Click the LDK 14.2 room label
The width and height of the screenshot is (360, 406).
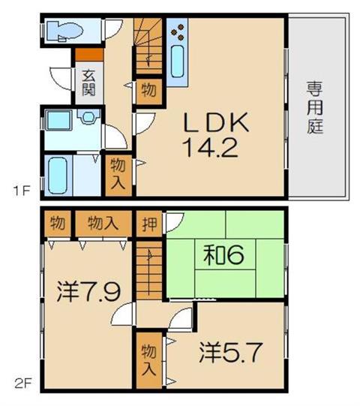(215, 134)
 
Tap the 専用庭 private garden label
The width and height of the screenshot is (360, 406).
(315, 107)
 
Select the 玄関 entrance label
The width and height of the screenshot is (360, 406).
(88, 83)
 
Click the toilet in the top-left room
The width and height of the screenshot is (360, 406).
(64, 31)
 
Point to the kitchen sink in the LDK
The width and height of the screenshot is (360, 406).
(178, 61)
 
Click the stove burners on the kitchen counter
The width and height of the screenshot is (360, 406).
(178, 32)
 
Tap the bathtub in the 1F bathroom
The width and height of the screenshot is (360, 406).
(58, 176)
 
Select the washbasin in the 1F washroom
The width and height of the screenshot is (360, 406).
(88, 116)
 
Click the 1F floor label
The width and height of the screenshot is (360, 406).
(22, 191)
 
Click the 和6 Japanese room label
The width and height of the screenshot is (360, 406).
(223, 255)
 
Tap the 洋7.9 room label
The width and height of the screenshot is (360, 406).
(88, 291)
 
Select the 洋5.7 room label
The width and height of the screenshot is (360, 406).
(231, 352)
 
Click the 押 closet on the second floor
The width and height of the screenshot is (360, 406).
(149, 224)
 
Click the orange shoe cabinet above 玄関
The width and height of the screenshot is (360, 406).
(89, 55)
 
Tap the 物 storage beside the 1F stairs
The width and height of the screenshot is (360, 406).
(149, 92)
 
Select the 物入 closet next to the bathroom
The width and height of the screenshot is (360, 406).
(118, 175)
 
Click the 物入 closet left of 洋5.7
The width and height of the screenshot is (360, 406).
(149, 360)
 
